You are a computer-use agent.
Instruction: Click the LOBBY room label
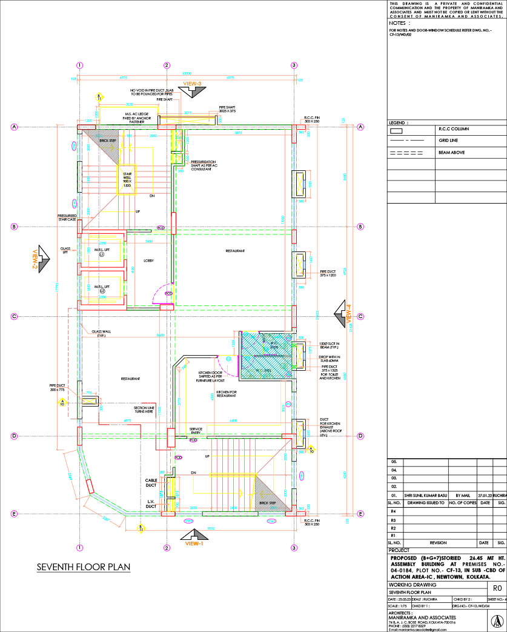148,261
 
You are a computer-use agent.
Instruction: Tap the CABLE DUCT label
151,482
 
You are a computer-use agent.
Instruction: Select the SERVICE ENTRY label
195,430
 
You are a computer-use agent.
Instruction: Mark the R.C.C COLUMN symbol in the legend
397,130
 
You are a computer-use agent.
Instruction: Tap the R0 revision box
497,587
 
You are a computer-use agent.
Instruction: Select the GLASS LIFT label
65,250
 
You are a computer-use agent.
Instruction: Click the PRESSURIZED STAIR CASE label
67,217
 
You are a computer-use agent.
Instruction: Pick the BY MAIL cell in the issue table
462,495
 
